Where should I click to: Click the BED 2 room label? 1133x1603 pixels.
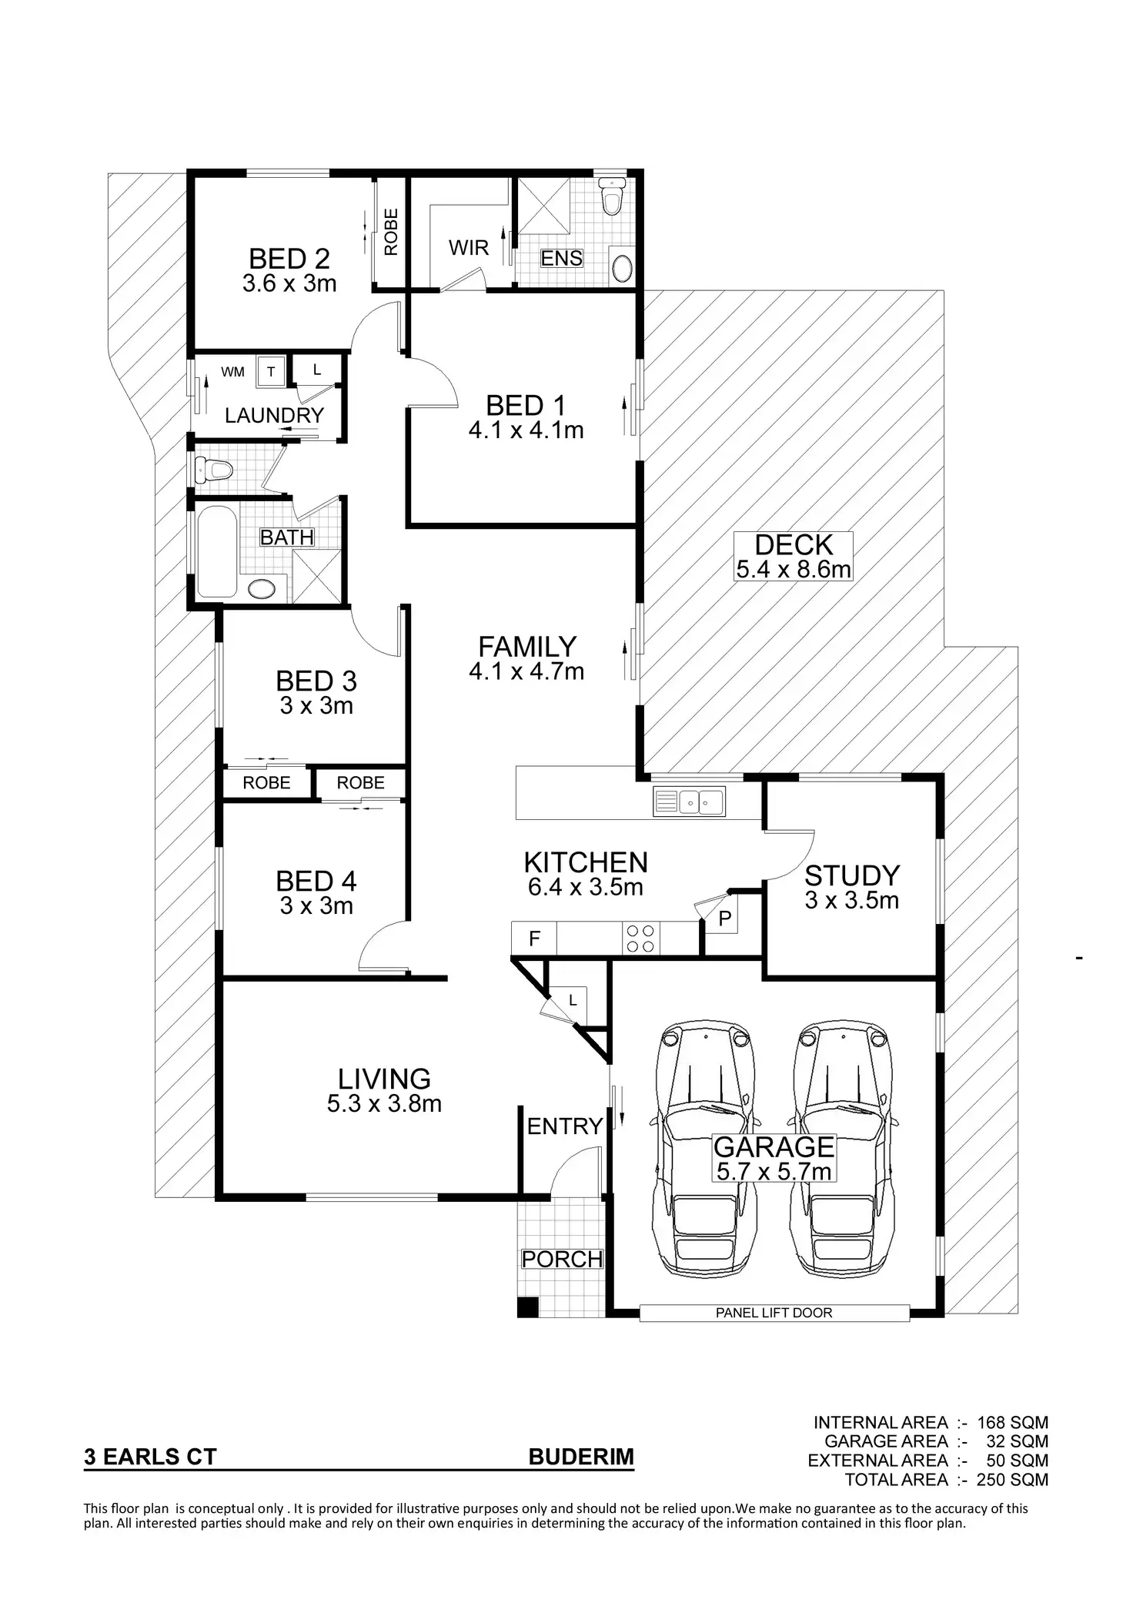pos(289,259)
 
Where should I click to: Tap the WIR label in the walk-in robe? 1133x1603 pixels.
pos(469,248)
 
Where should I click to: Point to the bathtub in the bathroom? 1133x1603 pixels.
pos(217,550)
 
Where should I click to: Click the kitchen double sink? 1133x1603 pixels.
pos(689,801)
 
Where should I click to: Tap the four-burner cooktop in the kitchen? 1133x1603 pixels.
pos(642,938)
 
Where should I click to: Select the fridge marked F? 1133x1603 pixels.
pos(534,938)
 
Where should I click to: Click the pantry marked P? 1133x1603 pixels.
pos(724,918)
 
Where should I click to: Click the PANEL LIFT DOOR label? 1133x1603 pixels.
pos(774,1313)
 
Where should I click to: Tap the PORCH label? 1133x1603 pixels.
pos(562,1259)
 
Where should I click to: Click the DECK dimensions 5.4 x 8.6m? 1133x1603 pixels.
pos(794,570)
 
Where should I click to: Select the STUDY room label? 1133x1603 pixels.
pos(852,875)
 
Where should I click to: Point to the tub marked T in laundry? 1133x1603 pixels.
pos(271,372)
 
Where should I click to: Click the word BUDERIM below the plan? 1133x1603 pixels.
pos(581,1457)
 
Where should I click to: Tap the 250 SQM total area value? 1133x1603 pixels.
pos(1012,1479)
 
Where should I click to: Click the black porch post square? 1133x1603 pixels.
pos(527,1307)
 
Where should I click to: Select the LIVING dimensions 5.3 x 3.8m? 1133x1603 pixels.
pos(384,1104)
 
